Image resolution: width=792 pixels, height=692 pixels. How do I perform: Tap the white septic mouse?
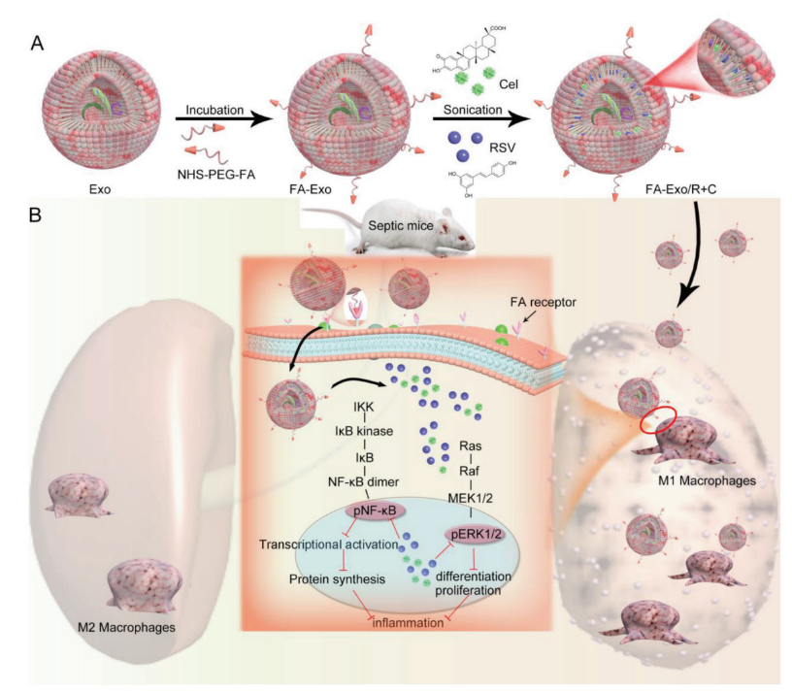tap(417, 229)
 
